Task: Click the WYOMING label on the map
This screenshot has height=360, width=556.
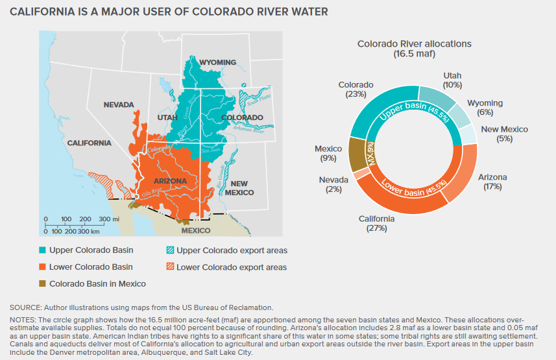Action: tap(217, 62)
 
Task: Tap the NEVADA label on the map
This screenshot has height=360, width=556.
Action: tap(118, 104)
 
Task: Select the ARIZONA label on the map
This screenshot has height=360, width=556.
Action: tap(171, 181)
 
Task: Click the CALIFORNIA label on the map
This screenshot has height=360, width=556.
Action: tap(72, 143)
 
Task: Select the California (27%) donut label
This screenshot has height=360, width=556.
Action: tap(377, 223)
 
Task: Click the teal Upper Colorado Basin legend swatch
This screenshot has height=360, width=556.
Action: tap(43, 250)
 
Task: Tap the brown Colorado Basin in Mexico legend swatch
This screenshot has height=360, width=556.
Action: tap(43, 283)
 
